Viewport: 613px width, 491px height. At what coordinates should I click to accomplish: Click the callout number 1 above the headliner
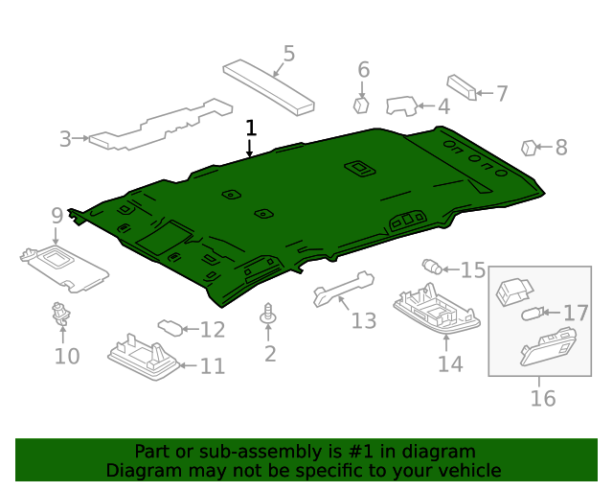point(251,128)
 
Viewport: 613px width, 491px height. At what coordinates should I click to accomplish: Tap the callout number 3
point(65,139)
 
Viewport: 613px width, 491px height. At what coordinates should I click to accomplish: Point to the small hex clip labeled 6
point(362,104)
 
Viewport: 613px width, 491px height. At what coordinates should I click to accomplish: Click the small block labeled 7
point(461,87)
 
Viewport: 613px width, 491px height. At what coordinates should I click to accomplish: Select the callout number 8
point(561,147)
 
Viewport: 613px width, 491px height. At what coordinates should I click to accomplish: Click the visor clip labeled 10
point(63,313)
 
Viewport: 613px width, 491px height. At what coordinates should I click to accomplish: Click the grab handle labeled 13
point(342,290)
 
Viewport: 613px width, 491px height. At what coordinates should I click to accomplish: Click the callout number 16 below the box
point(542,398)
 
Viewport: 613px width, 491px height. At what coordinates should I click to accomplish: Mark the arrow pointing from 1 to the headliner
point(250,148)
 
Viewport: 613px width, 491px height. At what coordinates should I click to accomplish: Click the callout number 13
point(363,320)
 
